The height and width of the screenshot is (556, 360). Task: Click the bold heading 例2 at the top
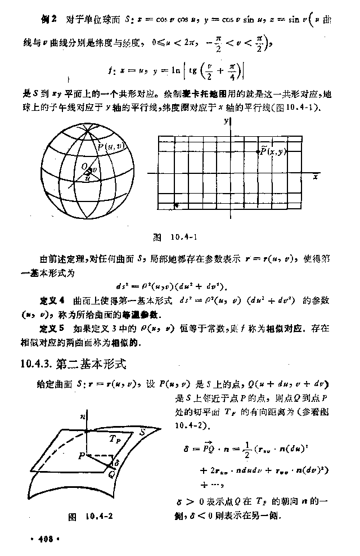(49, 20)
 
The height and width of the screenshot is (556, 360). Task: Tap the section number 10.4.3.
(37, 365)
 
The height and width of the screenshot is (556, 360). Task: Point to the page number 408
(45, 539)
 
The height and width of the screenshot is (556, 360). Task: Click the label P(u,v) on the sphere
(109, 147)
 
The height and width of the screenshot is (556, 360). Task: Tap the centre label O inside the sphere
(83, 167)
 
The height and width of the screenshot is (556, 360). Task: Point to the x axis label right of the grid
(316, 177)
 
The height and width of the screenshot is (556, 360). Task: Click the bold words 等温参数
(150, 313)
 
